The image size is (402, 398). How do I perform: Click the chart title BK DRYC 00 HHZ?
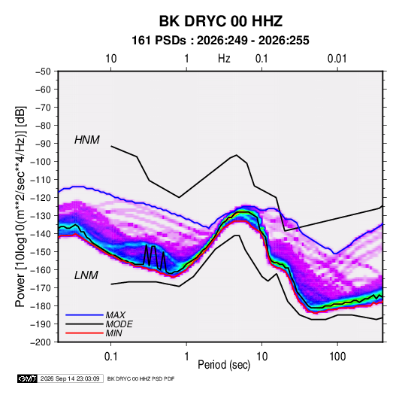pyautogui.click(x=221, y=21)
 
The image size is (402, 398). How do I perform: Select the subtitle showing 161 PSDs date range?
pyautogui.click(x=220, y=41)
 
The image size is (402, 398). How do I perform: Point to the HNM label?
pyautogui.click(x=87, y=140)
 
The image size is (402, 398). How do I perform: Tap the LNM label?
pyautogui.click(x=86, y=275)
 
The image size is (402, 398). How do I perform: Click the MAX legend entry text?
pyautogui.click(x=116, y=315)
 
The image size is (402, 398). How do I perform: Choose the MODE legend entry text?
pyautogui.click(x=119, y=324)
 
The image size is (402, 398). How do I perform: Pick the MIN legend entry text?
pyautogui.click(x=113, y=333)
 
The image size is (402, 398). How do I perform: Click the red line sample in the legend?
pyautogui.click(x=84, y=333)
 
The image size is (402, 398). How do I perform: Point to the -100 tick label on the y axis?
pyautogui.click(x=41, y=162)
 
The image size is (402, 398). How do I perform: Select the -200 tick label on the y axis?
pyautogui.click(x=41, y=342)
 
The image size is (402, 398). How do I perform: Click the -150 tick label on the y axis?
pyautogui.click(x=41, y=251)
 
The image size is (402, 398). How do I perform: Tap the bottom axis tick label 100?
pyautogui.click(x=337, y=357)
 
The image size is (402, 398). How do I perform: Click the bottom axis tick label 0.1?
pyautogui.click(x=110, y=357)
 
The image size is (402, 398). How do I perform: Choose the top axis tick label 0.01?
pyautogui.click(x=337, y=59)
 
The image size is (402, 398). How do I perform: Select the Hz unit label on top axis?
pyautogui.click(x=224, y=59)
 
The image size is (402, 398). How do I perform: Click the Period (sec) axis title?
pyautogui.click(x=224, y=365)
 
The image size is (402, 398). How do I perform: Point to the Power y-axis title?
pyautogui.click(x=20, y=207)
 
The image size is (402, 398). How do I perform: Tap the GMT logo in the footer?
pyautogui.click(x=28, y=378)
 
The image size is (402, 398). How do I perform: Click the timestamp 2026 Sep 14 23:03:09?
pyautogui.click(x=70, y=378)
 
